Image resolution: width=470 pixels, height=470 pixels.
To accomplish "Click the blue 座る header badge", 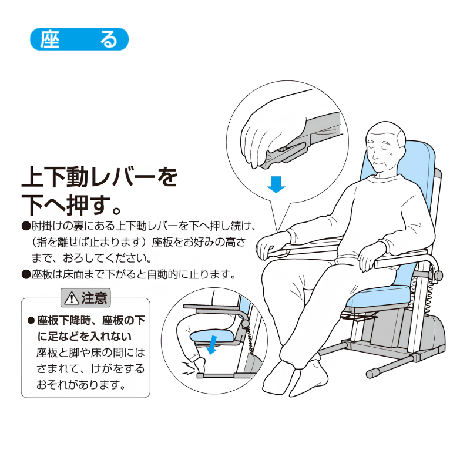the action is [79, 39].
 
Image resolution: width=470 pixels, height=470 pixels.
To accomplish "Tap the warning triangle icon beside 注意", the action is [71, 298].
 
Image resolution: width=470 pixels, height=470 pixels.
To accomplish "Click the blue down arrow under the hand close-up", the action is [276, 184].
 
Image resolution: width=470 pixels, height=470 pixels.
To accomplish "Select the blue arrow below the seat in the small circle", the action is [213, 345].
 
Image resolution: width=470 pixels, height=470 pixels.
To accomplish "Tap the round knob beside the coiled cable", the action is [437, 276].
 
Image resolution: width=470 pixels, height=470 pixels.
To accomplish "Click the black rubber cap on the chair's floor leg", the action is [374, 374].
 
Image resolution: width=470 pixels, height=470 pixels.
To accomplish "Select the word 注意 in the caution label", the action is [94, 298].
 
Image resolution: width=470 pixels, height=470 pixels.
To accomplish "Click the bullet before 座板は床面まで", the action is [26, 274].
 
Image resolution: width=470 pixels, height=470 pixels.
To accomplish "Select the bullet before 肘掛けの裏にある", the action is [26, 226].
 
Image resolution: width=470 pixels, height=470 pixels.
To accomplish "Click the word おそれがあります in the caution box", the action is [81, 385].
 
